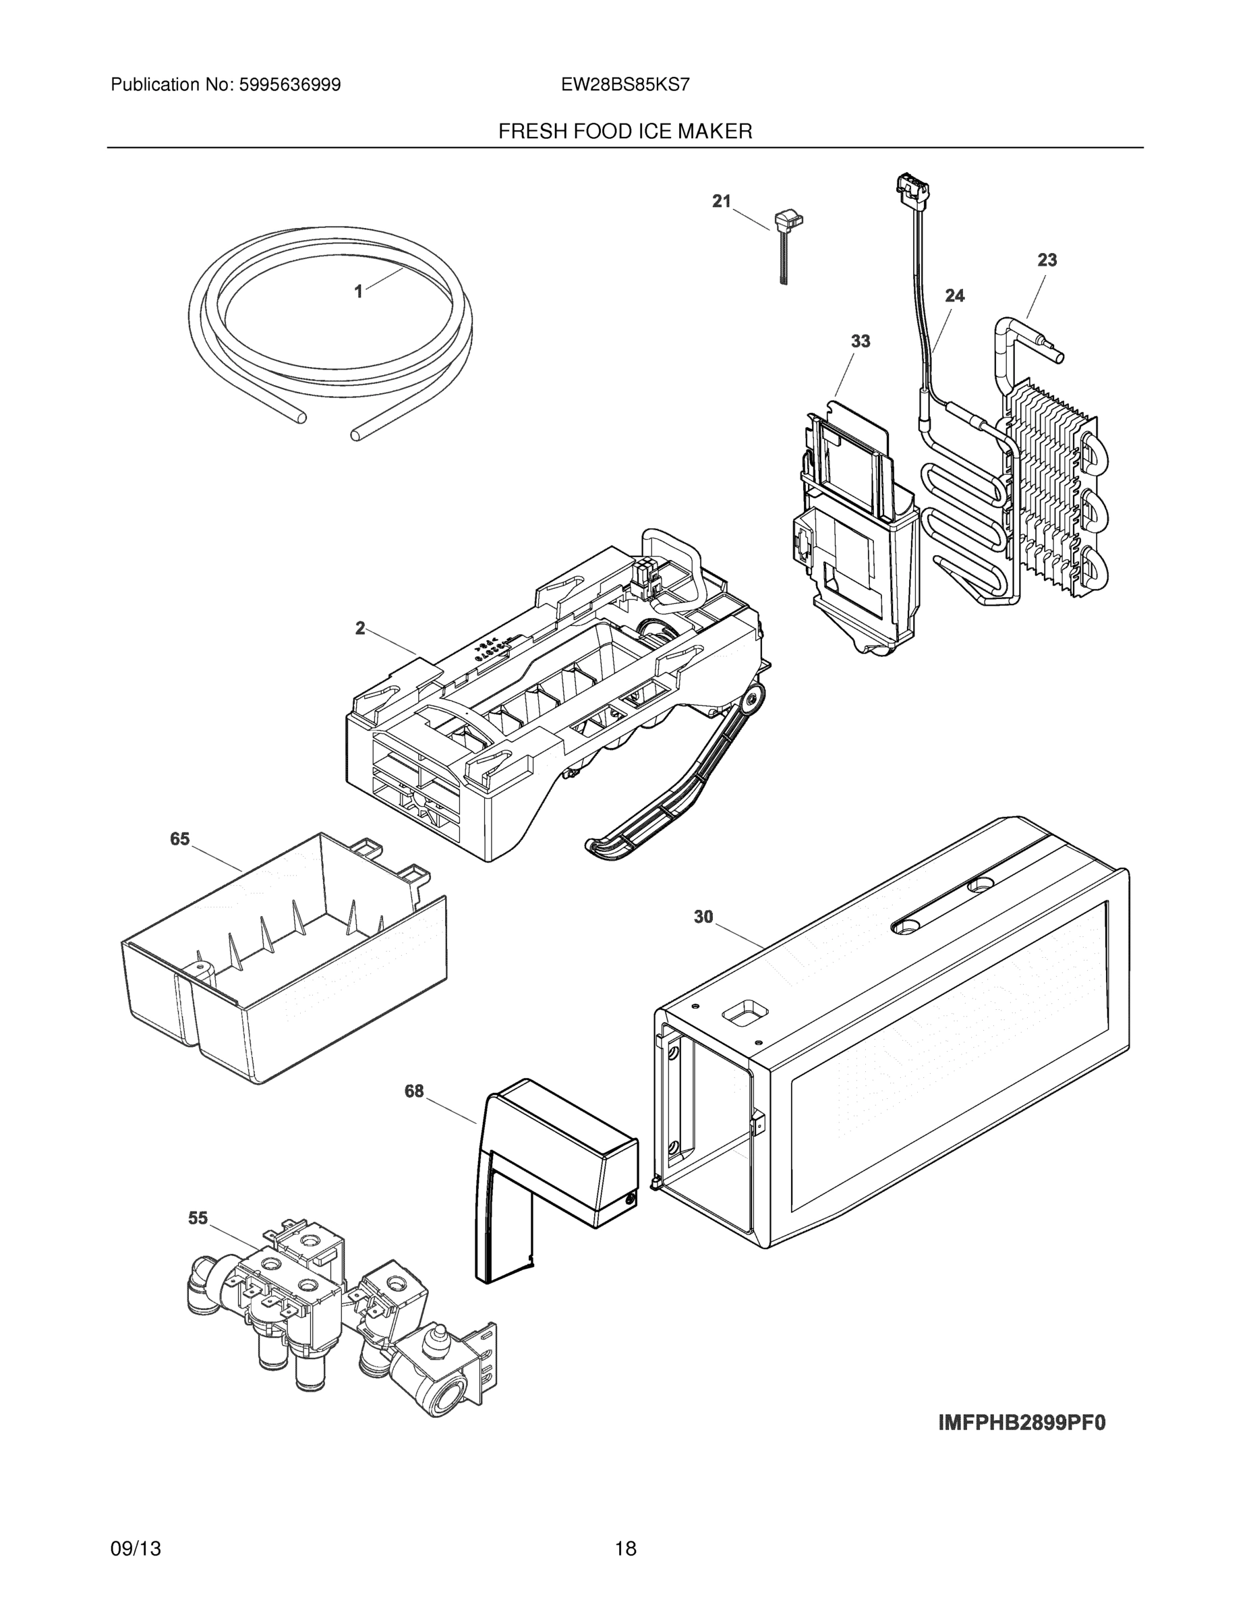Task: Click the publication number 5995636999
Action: tap(289, 85)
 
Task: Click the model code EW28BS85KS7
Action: tap(624, 85)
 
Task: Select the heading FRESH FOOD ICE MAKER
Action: tap(624, 132)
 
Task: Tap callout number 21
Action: tap(721, 201)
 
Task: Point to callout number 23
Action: tap(1047, 260)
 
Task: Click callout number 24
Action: tap(954, 295)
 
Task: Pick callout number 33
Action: tap(860, 342)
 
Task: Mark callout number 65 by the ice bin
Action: tap(179, 839)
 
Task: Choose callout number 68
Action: tap(413, 1091)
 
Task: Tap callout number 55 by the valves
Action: tap(198, 1218)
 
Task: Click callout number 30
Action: tap(703, 917)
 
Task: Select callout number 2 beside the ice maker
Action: tap(360, 629)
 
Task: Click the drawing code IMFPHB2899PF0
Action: tap(1021, 1423)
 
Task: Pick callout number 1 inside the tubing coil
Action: tap(359, 292)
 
